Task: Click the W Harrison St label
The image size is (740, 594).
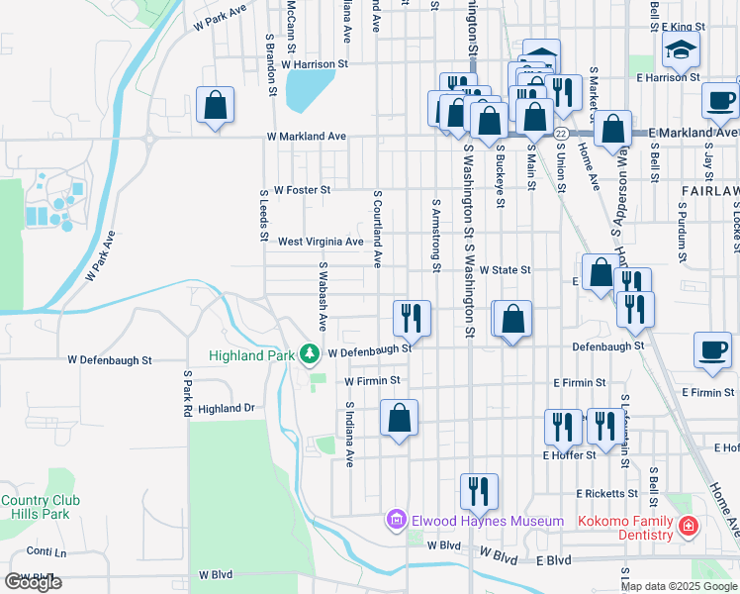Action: click(x=315, y=63)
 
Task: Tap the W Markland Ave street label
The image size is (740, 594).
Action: click(x=306, y=136)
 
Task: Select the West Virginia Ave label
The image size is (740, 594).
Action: click(x=321, y=242)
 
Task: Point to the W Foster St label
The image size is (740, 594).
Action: click(x=302, y=189)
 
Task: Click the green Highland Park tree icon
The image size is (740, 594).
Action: click(x=310, y=353)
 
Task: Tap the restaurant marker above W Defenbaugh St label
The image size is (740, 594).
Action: click(x=410, y=317)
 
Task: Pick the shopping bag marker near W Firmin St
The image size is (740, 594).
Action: click(x=399, y=417)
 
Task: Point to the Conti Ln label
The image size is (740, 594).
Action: click(x=46, y=551)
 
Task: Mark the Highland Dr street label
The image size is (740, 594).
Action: click(x=226, y=408)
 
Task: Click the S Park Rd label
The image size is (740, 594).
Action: click(x=186, y=393)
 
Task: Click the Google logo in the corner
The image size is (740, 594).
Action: click(x=33, y=582)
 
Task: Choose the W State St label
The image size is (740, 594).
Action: click(x=506, y=269)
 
